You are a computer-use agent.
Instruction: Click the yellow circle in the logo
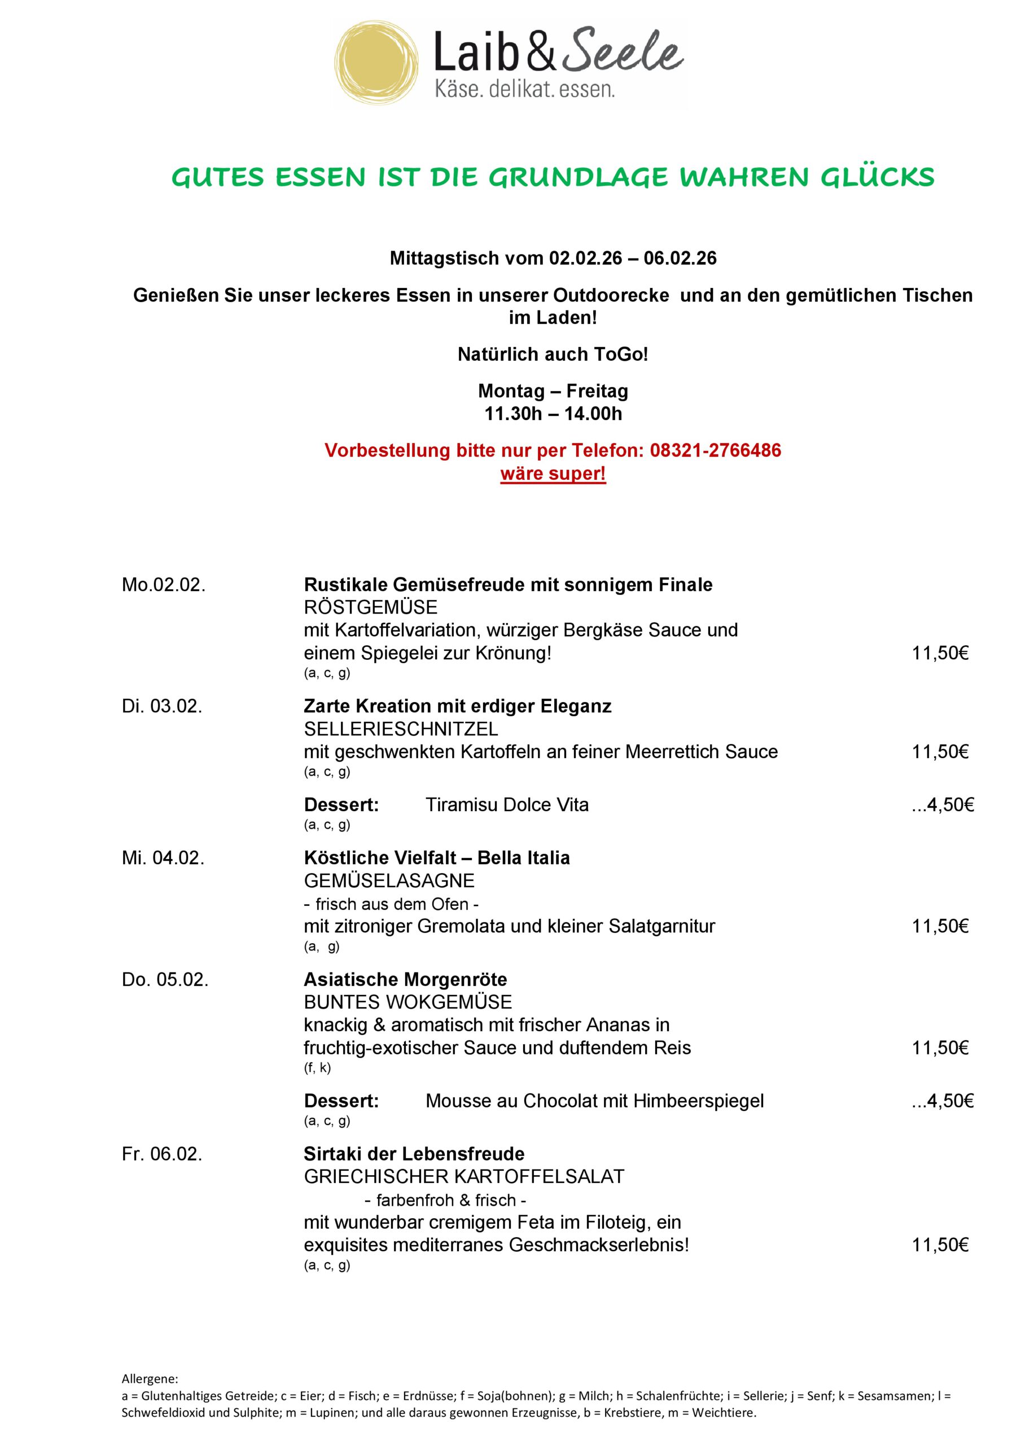pos(376,63)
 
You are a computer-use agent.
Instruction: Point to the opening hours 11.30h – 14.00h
pos(553,414)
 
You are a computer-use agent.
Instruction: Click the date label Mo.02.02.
pos(164,585)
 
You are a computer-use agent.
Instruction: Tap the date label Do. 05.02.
pos(165,979)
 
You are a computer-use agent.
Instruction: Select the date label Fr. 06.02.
pos(162,1154)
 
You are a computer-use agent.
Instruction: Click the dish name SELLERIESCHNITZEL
pos(401,729)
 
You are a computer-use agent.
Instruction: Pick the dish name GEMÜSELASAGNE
pos(389,881)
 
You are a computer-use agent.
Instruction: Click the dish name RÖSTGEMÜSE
pos(370,607)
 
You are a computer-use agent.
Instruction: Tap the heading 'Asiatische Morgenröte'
pos(405,979)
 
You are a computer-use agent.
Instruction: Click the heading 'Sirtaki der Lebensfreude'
pos(414,1154)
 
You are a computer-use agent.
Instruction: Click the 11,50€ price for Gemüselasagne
pos(940,926)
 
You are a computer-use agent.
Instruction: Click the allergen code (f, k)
pos(317,1067)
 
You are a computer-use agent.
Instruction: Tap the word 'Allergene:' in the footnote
pos(150,1379)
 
